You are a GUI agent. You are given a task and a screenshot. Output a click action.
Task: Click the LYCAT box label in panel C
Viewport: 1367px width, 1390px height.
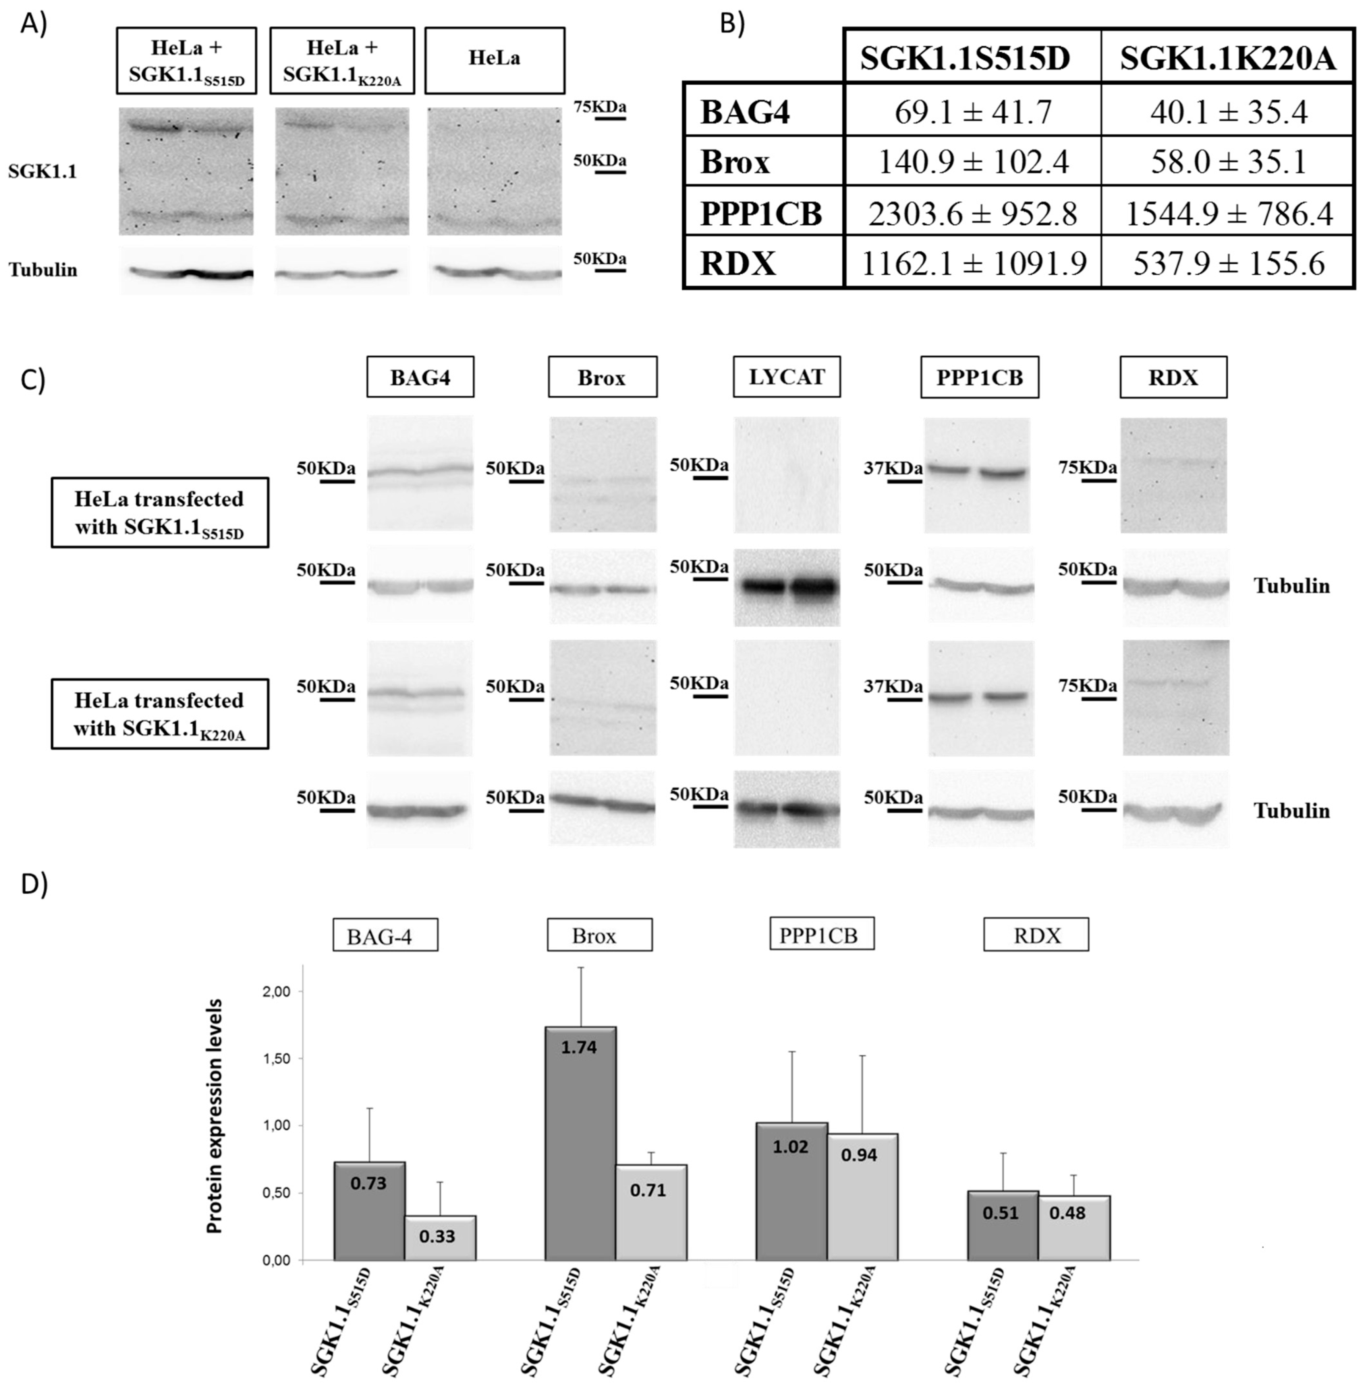(x=786, y=377)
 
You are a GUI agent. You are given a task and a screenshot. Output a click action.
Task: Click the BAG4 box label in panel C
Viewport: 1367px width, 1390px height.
(x=420, y=377)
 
